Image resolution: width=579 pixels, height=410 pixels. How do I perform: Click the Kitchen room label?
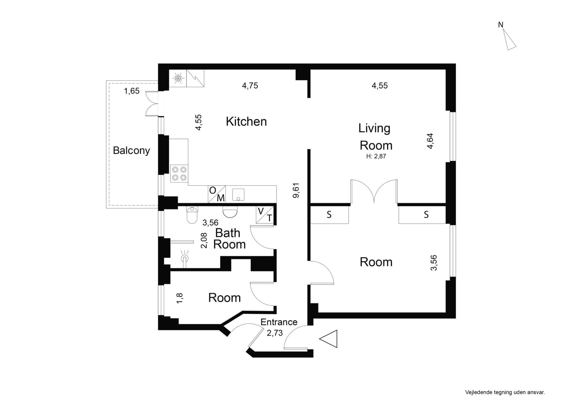[246, 121]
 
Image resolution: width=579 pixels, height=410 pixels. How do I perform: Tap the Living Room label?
[376, 136]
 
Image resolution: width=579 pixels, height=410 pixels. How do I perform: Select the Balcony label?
[131, 150]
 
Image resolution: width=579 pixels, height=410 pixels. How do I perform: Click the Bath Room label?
[229, 239]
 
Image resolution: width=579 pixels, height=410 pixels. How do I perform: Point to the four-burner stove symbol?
[179, 174]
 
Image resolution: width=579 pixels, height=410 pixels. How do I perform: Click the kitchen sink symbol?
[238, 195]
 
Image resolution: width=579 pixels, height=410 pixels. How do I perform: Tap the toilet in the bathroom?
[192, 215]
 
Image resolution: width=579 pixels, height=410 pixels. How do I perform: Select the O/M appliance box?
[217, 194]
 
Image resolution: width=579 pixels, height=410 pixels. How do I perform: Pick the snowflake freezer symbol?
[178, 78]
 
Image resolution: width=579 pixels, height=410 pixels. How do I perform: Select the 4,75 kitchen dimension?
[250, 86]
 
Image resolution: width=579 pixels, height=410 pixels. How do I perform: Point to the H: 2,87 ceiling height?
[376, 156]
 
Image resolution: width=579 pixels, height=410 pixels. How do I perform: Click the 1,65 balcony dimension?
[132, 91]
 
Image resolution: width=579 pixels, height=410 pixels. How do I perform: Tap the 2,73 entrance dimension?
[275, 333]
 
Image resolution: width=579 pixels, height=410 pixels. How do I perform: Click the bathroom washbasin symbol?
[230, 212]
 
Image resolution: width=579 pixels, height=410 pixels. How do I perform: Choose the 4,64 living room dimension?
[430, 141]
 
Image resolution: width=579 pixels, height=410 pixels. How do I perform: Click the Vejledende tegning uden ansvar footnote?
[505, 392]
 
